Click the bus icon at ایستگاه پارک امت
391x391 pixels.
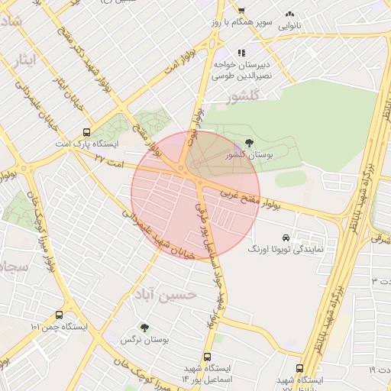(x=86, y=131)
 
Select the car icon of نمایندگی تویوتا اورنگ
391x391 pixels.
(x=286, y=237)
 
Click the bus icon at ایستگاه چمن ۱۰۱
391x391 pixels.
(x=60, y=315)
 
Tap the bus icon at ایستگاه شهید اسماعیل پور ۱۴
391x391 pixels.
(x=208, y=357)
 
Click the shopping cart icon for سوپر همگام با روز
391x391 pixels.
(x=241, y=11)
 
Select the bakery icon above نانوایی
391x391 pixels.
(x=289, y=14)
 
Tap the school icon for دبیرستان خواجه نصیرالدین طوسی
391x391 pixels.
(x=241, y=53)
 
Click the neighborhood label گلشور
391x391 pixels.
(x=244, y=97)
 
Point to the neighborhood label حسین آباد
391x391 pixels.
(x=165, y=293)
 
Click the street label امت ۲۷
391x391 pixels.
(x=110, y=158)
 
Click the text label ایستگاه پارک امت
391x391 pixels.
(x=87, y=144)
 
